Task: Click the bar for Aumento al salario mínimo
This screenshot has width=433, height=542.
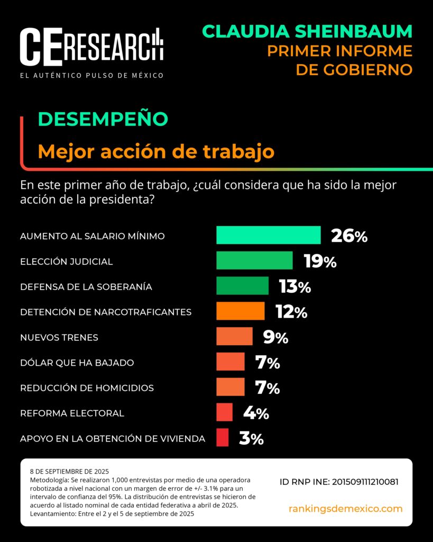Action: point(268,235)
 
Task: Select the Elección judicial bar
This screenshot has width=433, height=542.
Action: point(254,260)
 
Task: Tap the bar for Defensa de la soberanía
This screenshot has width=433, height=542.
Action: point(242,286)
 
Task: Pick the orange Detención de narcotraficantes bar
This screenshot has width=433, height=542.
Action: point(240,311)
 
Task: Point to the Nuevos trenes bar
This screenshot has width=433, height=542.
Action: point(234,337)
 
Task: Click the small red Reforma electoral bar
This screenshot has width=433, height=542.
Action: point(224,412)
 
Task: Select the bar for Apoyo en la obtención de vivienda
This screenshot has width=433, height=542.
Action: point(222,438)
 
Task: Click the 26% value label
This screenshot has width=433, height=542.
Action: point(349,236)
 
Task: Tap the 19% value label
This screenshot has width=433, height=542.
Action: point(320,261)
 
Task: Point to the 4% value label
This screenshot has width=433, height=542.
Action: point(256,413)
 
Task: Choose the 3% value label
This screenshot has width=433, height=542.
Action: point(251,438)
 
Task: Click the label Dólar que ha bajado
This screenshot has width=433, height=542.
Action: point(77,363)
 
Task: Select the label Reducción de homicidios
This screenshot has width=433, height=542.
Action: point(87,388)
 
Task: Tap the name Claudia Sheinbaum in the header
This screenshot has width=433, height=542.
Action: point(307,31)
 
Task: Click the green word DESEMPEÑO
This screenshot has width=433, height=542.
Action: point(103,119)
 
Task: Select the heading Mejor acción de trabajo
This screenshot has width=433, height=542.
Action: point(156,152)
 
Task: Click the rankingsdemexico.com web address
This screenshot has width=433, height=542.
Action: point(345,509)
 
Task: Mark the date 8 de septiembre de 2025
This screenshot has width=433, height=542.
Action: point(69,471)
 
